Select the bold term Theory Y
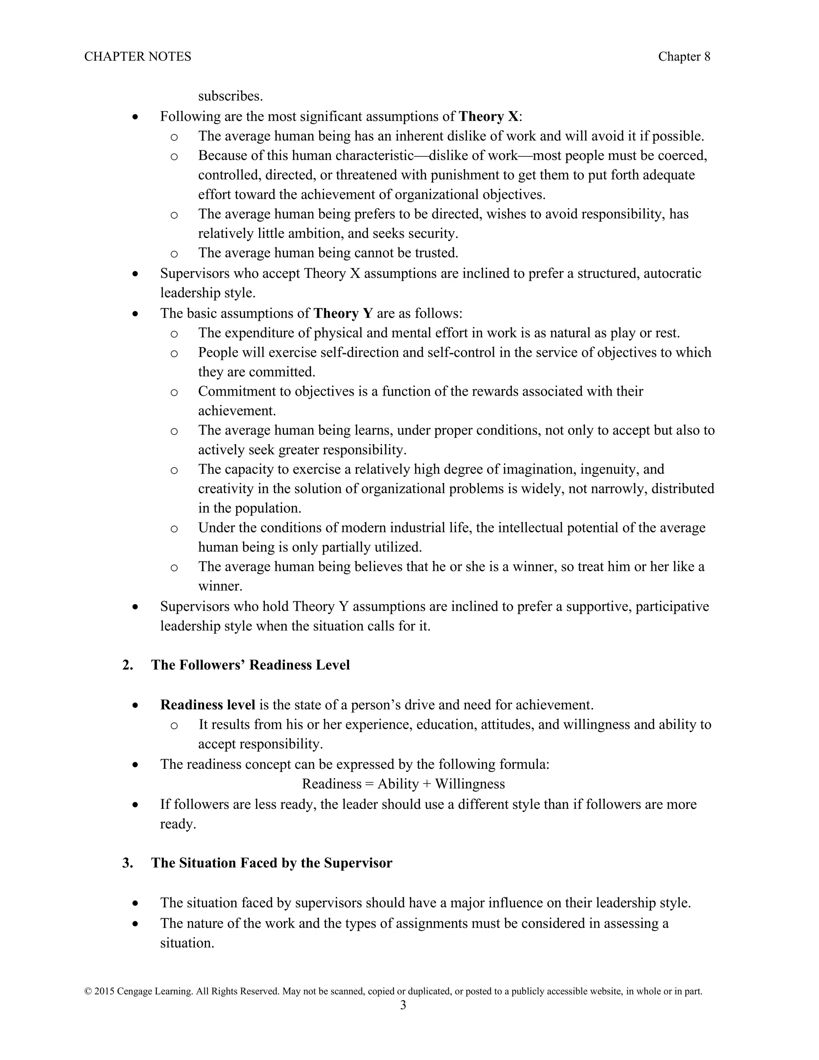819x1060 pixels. pos(343,313)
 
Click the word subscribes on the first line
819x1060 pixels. pos(230,96)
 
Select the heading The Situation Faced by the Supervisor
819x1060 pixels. pos(271,863)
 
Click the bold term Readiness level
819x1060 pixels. pos(208,705)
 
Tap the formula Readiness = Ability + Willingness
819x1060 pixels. pos(403,784)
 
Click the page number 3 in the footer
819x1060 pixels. pos(403,1005)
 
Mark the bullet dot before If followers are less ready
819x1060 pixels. pos(136,805)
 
